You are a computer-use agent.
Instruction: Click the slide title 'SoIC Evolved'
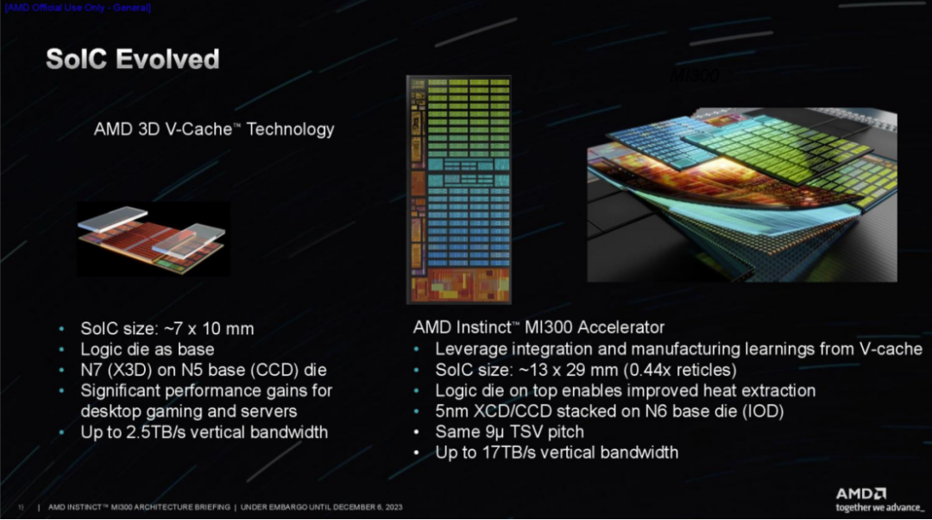[x=132, y=60]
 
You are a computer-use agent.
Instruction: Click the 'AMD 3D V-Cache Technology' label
[x=213, y=130]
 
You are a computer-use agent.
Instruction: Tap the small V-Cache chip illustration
[x=153, y=239]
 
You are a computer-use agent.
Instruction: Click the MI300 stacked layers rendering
[x=741, y=194]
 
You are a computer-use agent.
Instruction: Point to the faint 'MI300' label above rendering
[x=695, y=76]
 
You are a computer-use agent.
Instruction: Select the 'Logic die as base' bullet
[x=147, y=349]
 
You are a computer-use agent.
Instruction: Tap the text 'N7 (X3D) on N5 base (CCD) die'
[x=204, y=370]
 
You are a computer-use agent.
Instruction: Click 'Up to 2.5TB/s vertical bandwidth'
[x=204, y=432]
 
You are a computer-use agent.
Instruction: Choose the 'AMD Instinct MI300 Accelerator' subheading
[x=538, y=327]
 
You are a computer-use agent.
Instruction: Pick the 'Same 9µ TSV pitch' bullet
[x=509, y=431]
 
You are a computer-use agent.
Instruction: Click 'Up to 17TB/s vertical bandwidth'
[x=557, y=452]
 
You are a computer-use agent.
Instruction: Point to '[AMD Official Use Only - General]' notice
[x=78, y=8]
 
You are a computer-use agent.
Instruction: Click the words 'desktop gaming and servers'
[x=189, y=411]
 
